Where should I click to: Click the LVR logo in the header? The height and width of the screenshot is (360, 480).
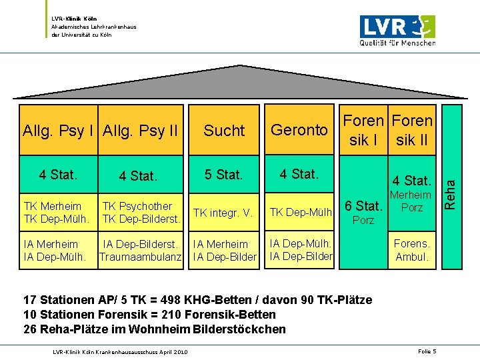(397, 30)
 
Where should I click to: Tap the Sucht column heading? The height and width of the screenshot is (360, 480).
(224, 131)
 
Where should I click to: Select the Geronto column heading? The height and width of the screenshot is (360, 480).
(299, 130)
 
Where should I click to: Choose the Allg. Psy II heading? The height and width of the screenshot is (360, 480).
(141, 130)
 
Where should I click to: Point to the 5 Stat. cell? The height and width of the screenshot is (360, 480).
(224, 175)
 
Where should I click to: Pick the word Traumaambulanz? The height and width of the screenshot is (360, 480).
(141, 257)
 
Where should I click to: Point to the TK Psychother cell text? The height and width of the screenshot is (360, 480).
(136, 206)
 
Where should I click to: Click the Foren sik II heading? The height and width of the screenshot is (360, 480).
(413, 131)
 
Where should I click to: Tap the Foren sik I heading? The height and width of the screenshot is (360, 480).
(364, 131)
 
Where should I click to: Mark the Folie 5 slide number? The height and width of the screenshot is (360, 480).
(427, 351)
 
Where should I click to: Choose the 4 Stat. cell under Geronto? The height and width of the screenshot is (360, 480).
(299, 174)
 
